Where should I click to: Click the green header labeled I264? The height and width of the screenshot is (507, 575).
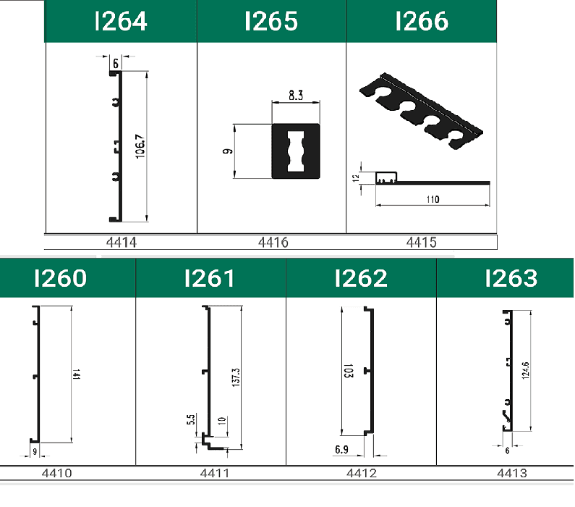click(x=121, y=21)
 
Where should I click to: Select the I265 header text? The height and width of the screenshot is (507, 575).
click(x=271, y=21)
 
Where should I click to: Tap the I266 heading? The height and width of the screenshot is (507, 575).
click(x=422, y=21)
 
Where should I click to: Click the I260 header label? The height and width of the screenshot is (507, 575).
click(x=61, y=278)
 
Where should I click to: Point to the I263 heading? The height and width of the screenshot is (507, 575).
click(x=511, y=278)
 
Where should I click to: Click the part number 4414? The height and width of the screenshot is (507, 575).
click(x=121, y=243)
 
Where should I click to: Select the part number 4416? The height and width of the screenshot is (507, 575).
click(x=273, y=243)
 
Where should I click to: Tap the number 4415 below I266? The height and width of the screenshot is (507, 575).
click(x=422, y=243)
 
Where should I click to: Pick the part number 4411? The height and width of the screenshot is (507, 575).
click(x=215, y=473)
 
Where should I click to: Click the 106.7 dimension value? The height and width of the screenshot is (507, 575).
click(x=140, y=146)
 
